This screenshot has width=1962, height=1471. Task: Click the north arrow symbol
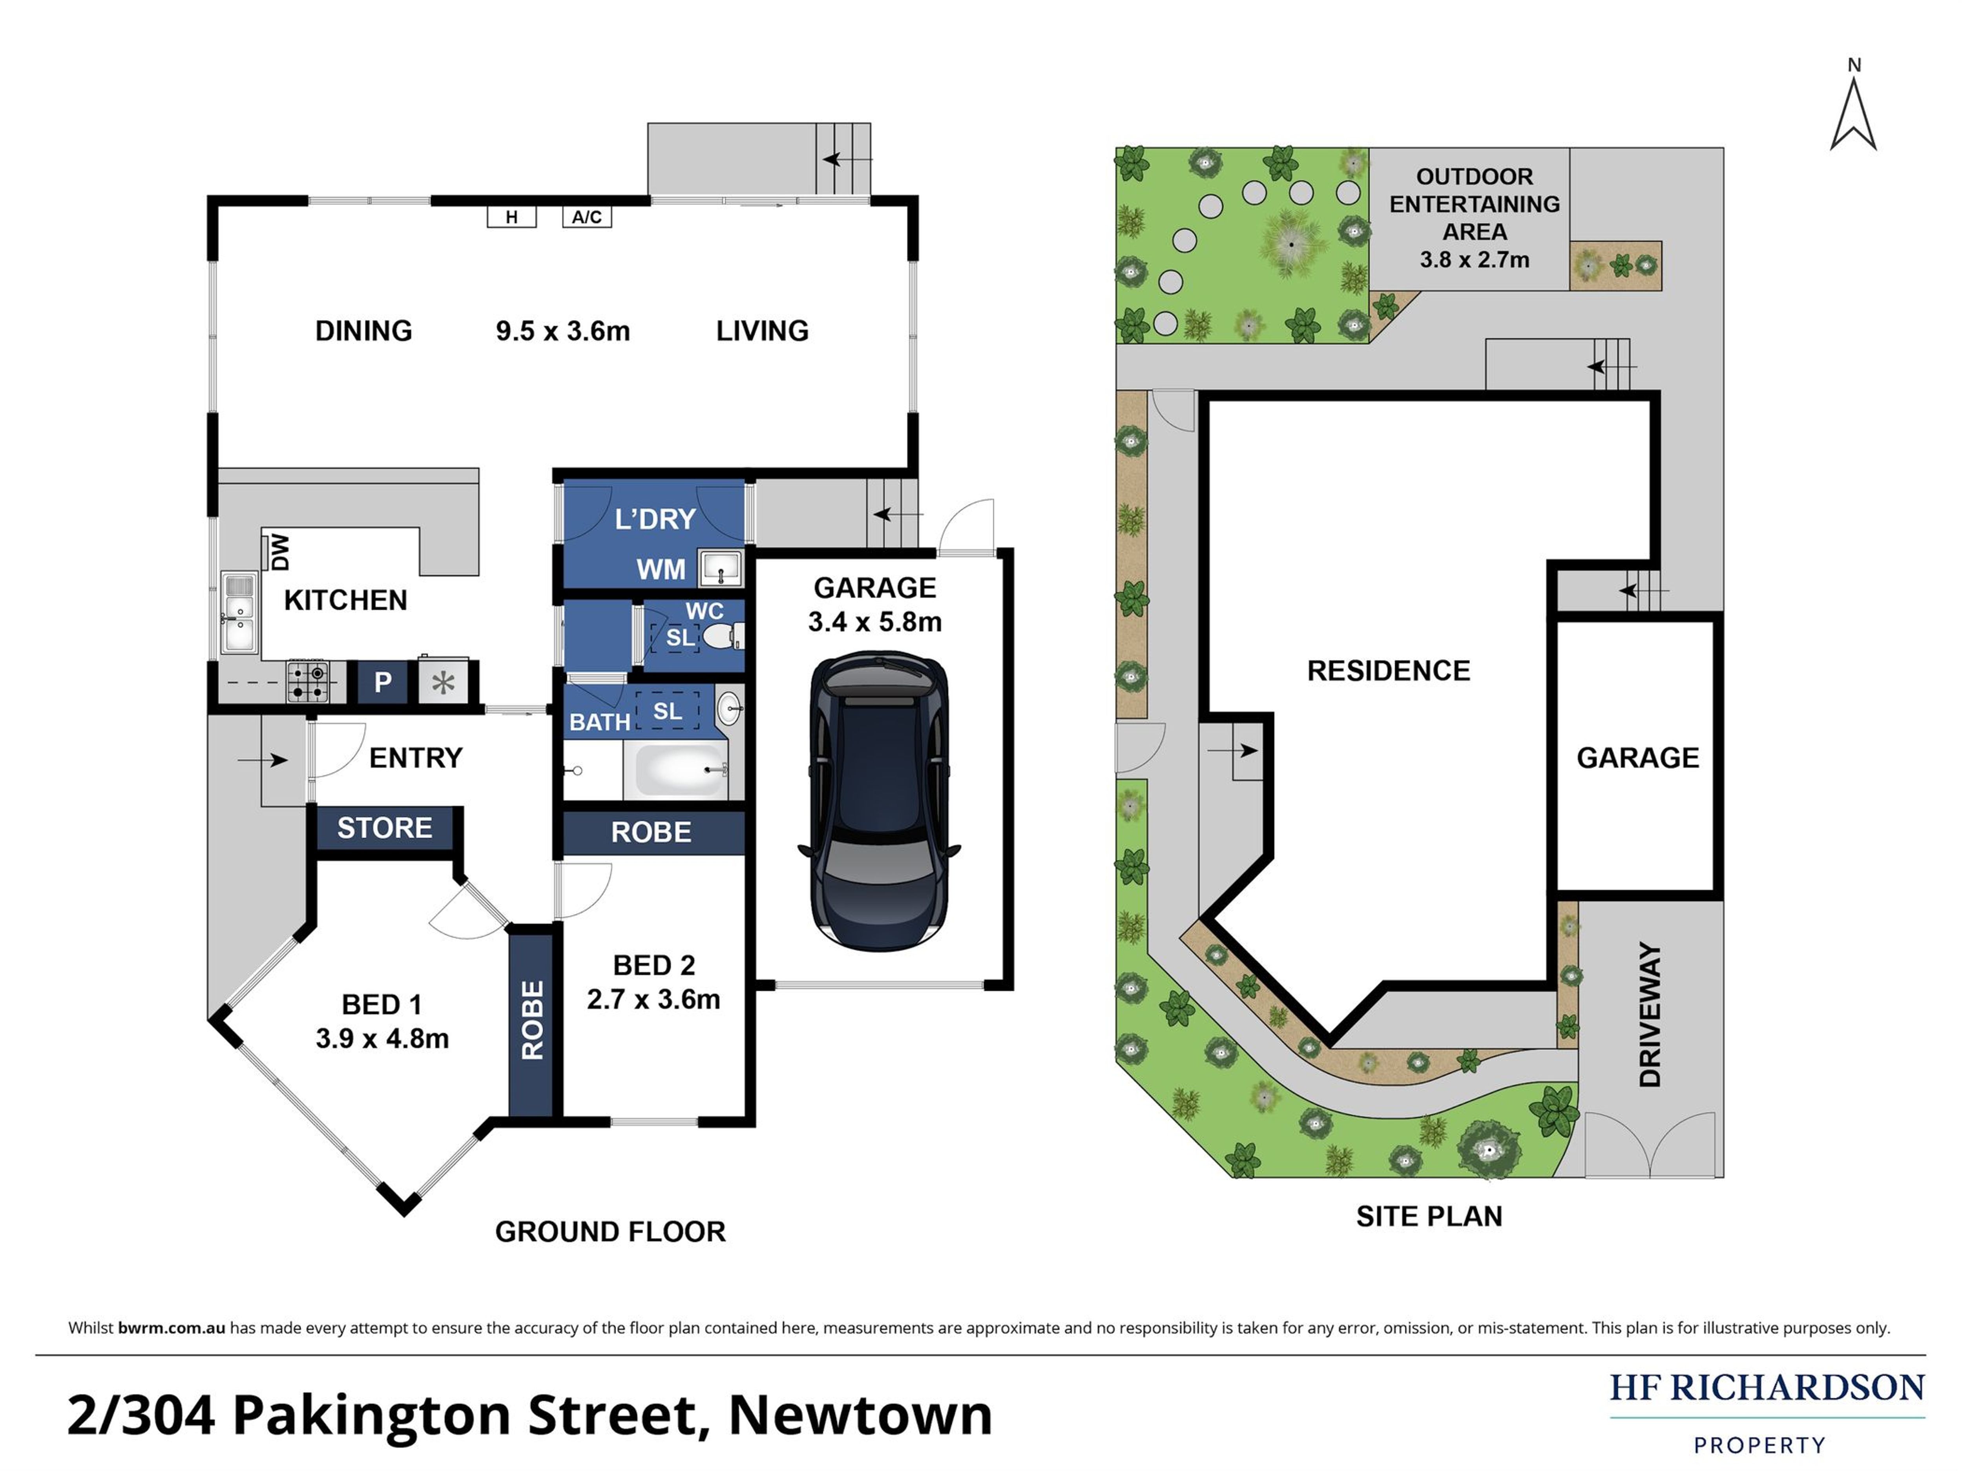pos(1853,115)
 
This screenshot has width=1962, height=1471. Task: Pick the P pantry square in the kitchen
pos(382,682)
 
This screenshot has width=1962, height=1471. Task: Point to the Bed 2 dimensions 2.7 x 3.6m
pos(654,999)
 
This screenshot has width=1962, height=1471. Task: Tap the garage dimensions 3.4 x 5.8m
pos(874,622)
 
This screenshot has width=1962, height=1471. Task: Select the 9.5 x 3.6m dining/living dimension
pos(562,331)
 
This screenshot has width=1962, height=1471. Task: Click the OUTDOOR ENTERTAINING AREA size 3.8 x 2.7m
pos(1474,260)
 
